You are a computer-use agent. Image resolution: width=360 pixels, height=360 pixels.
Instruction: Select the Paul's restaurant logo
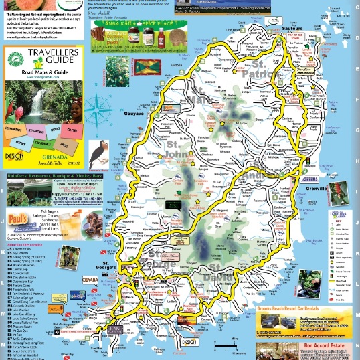point(18,223)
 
